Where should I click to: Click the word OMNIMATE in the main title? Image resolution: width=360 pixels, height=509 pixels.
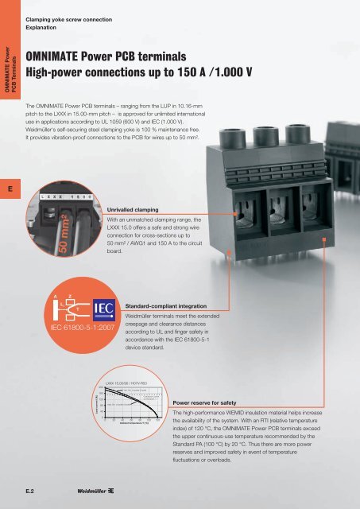60,56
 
